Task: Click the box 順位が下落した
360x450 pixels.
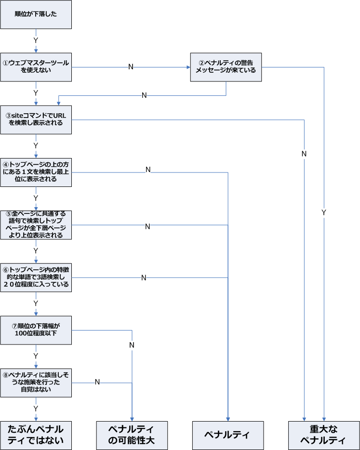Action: click(x=36, y=14)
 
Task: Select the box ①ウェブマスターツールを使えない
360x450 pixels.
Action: click(x=36, y=66)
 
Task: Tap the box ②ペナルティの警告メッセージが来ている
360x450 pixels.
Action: click(x=227, y=66)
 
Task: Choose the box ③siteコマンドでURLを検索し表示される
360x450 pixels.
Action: click(x=36, y=119)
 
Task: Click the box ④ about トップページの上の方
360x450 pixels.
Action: click(x=36, y=172)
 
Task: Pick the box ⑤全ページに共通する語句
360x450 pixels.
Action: click(x=36, y=225)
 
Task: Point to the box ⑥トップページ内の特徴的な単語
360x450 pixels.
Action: click(x=36, y=277)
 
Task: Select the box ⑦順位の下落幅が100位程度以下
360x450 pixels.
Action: click(x=36, y=330)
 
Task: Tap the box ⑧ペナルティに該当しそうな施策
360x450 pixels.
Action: click(x=36, y=383)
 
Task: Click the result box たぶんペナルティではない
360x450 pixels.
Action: click(x=36, y=435)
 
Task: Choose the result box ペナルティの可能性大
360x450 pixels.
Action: click(x=132, y=435)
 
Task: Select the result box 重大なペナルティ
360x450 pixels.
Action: click(x=323, y=435)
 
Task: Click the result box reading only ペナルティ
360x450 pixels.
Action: click(x=227, y=435)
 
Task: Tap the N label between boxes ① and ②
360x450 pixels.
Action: click(x=131, y=66)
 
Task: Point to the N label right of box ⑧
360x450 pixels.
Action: click(x=97, y=382)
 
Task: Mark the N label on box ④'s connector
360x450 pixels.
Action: click(x=148, y=170)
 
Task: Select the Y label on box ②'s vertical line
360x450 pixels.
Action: click(x=323, y=212)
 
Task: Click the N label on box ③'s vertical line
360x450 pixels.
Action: click(x=304, y=154)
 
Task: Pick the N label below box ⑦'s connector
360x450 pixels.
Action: click(x=132, y=345)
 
